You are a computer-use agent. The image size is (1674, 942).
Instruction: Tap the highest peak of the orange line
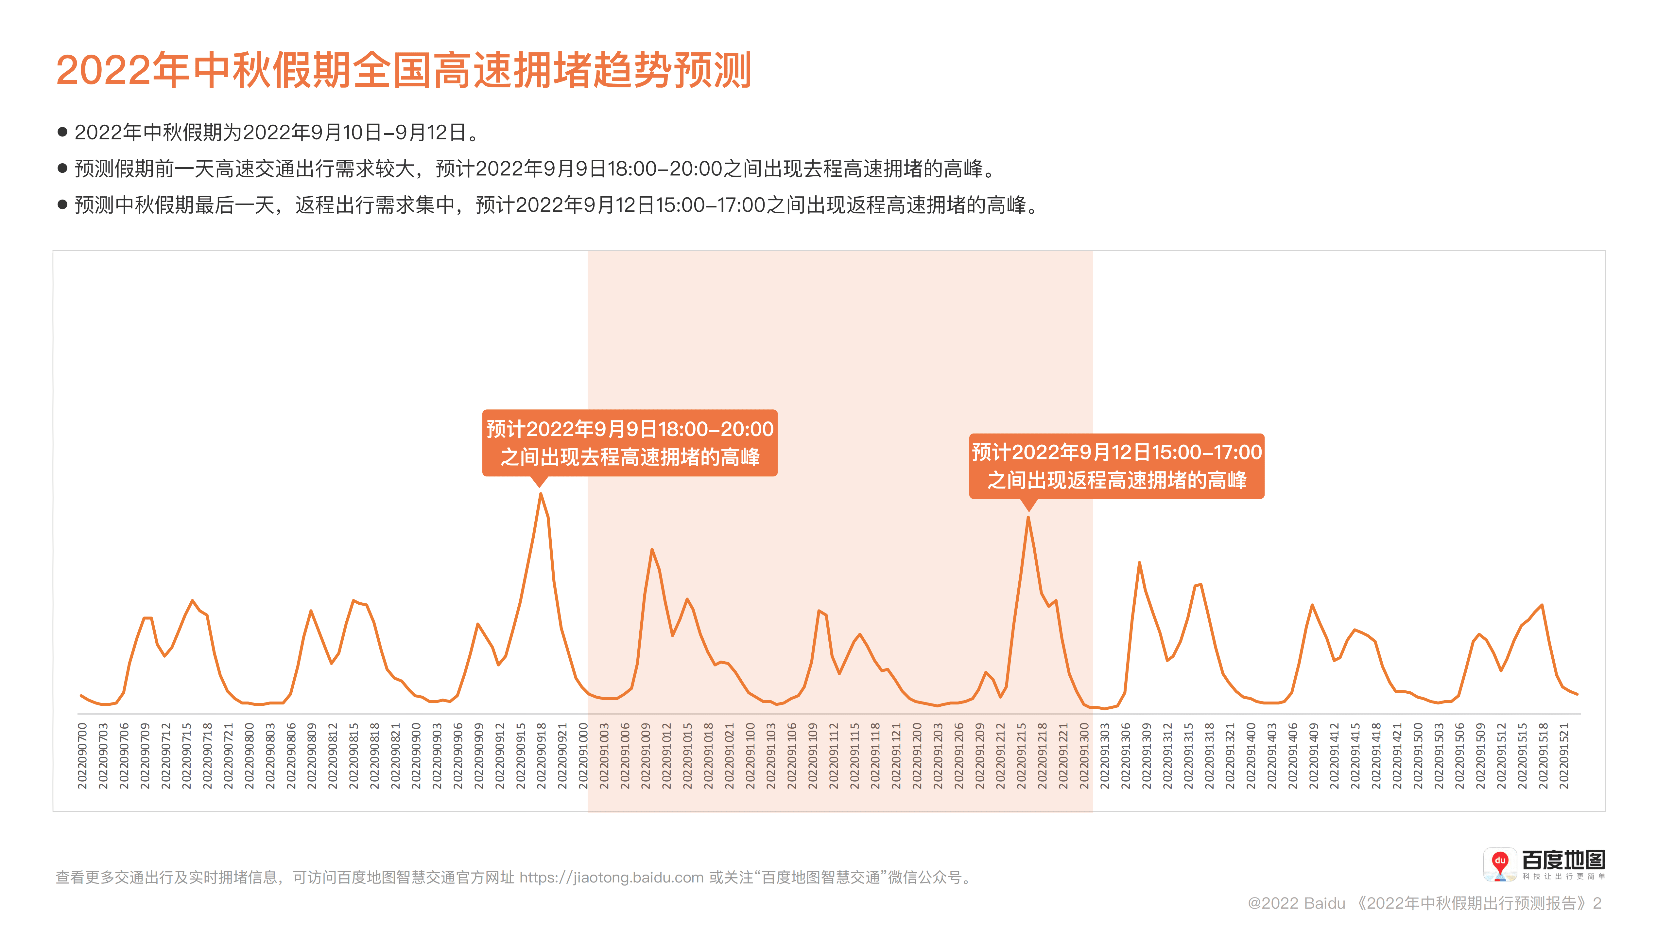point(540,494)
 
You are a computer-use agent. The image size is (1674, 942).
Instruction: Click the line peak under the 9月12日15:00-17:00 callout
point(1028,518)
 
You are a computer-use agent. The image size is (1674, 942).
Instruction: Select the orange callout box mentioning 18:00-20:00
point(630,443)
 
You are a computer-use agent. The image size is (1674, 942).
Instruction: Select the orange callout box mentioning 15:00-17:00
point(1116,466)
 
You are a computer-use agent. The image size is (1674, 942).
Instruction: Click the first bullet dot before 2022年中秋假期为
point(62,132)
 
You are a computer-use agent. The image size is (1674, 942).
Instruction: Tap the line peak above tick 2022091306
point(1139,563)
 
